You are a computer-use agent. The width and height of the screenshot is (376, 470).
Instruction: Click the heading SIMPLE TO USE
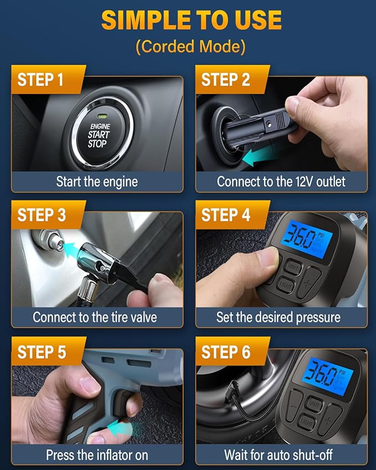point(191,20)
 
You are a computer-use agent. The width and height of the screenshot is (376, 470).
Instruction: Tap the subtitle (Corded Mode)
point(190,47)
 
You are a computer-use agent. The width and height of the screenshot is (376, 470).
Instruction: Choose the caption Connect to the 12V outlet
point(281,182)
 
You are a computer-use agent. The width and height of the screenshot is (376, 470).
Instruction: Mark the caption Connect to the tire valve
point(95,317)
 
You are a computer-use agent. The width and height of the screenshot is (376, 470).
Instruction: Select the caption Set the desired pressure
point(278,317)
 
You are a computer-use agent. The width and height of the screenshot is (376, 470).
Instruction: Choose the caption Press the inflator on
point(97,455)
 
